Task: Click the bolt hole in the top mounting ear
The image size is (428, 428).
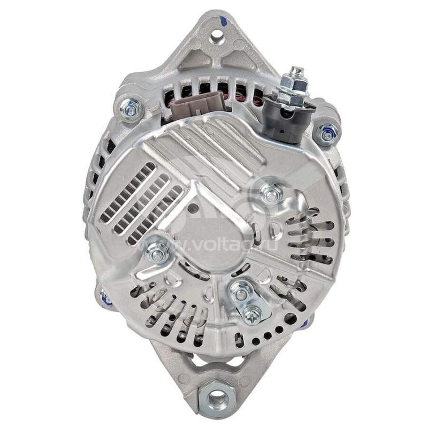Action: click(x=217, y=35)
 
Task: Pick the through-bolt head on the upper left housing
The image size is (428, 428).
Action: click(x=130, y=109)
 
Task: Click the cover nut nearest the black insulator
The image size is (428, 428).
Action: click(x=271, y=194)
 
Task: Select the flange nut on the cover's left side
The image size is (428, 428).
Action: click(x=157, y=253)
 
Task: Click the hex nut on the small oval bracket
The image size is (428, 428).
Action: click(x=241, y=294)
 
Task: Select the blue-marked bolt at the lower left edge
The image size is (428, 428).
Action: click(x=104, y=298)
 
